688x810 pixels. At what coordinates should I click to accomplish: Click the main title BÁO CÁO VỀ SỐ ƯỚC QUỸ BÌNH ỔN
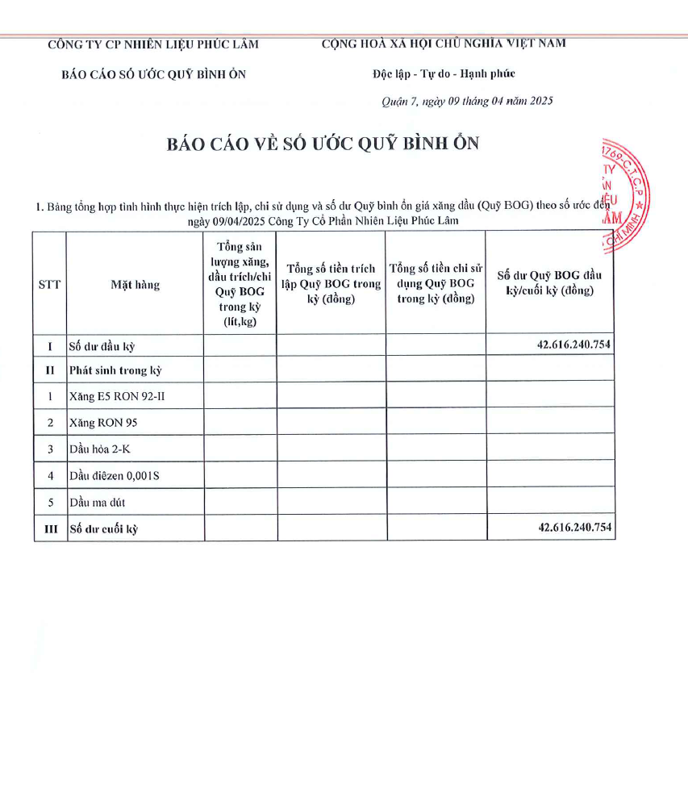pyautogui.click(x=323, y=144)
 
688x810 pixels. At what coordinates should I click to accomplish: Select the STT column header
pyautogui.click(x=50, y=284)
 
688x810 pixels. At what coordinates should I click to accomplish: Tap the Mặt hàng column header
pyautogui.click(x=136, y=284)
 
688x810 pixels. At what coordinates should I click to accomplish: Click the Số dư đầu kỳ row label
pyautogui.click(x=102, y=346)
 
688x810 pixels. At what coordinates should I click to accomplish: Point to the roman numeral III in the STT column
pyautogui.click(x=50, y=528)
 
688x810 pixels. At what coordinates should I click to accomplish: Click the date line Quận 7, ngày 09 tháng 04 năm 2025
pyautogui.click(x=466, y=102)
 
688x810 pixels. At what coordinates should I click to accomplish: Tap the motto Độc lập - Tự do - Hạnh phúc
pyautogui.click(x=444, y=74)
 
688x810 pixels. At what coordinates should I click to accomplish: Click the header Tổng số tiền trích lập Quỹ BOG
pyautogui.click(x=331, y=283)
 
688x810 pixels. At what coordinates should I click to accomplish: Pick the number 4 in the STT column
pyautogui.click(x=50, y=475)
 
